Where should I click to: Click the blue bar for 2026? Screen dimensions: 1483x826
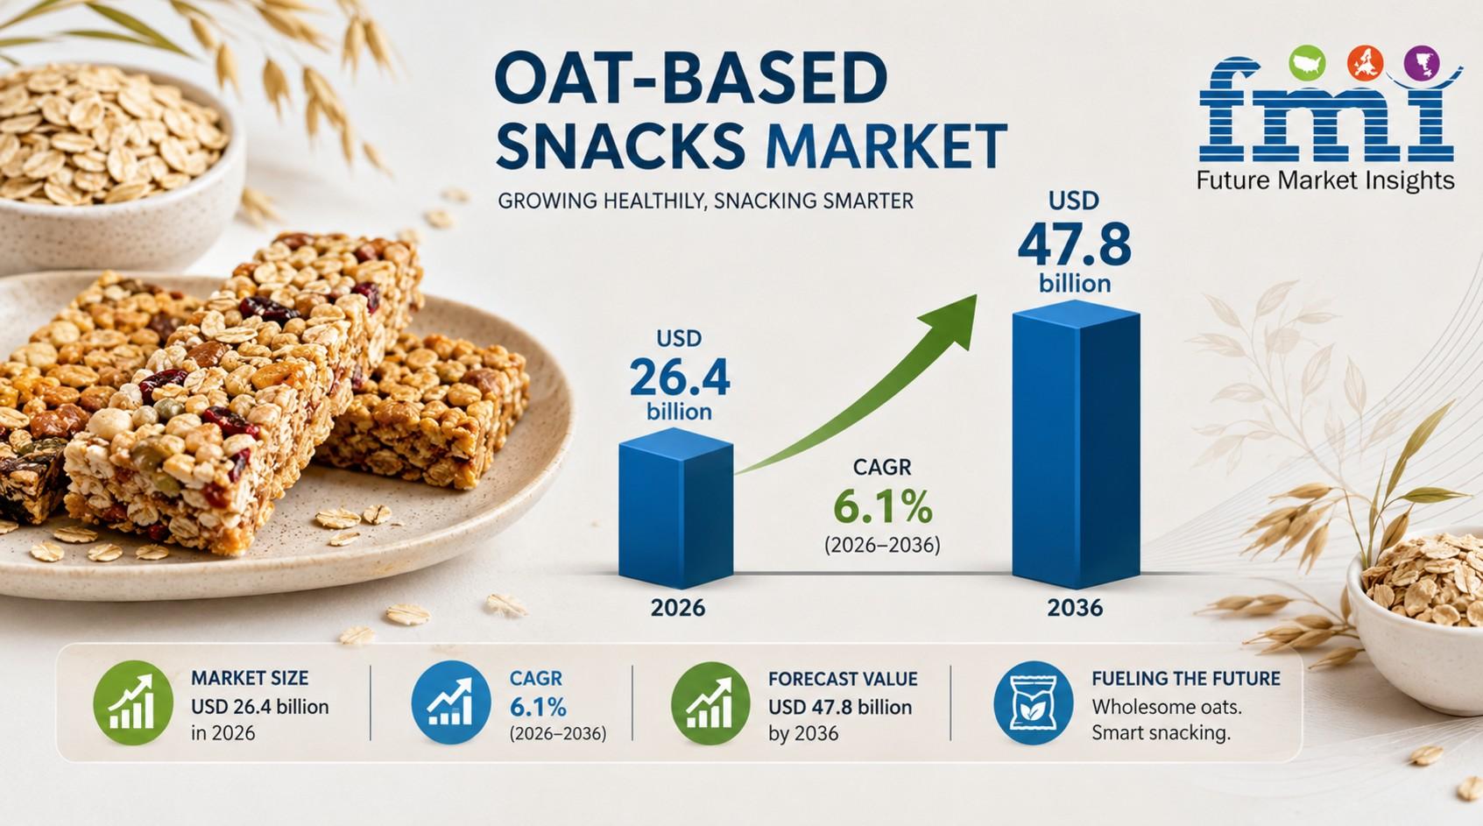[x=675, y=508]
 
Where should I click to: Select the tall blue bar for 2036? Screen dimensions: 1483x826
[x=1076, y=445]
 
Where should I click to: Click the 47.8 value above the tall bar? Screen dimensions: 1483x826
[x=1074, y=246]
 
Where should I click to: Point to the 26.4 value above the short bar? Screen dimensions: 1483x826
[x=679, y=378]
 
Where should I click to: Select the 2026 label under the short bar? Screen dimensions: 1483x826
[x=678, y=608]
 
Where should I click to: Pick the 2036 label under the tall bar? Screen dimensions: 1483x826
[x=1075, y=608]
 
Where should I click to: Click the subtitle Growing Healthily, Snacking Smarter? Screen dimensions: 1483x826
[x=705, y=201]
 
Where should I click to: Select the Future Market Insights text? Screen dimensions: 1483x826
[x=1325, y=180]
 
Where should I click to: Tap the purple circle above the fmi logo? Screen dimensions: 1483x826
[x=1422, y=64]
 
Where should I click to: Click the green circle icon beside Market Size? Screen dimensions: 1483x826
[x=133, y=702]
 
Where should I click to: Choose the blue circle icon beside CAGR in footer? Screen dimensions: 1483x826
[x=451, y=702]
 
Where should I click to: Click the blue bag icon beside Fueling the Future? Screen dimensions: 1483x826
[x=1034, y=702]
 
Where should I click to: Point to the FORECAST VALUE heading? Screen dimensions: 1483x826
[x=843, y=679]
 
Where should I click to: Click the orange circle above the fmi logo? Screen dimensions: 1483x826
[x=1365, y=64]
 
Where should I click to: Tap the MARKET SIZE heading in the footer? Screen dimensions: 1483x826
[x=250, y=678]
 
